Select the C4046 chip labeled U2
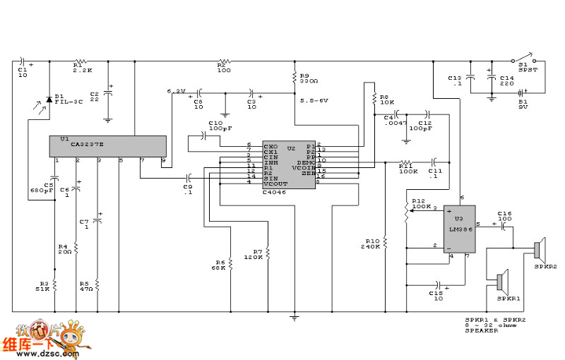pos(289,164)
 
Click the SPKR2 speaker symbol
pos(538,250)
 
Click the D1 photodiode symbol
pos(49,100)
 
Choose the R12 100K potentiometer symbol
pos(407,210)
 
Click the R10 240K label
pos(370,243)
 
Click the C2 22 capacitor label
pos(95,95)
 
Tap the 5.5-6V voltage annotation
pos(314,100)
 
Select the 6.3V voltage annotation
pos(175,91)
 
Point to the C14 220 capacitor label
pos(507,80)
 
